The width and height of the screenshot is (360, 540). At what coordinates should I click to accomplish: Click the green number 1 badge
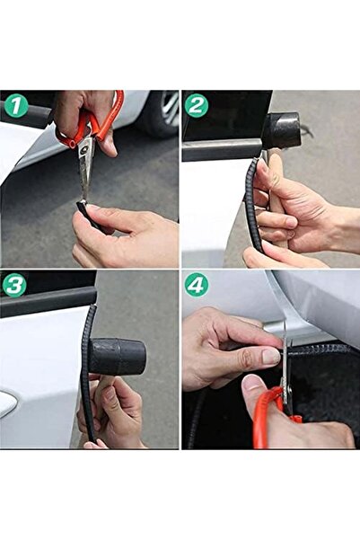tap(16, 106)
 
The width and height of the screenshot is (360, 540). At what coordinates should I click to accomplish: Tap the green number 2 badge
tap(198, 106)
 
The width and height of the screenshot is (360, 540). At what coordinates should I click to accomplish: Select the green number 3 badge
tap(14, 287)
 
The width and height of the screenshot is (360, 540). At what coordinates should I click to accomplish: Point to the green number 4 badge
tap(198, 286)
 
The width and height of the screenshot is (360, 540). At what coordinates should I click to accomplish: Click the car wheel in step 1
tap(162, 113)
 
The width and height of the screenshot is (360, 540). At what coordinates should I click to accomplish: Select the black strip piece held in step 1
tap(84, 210)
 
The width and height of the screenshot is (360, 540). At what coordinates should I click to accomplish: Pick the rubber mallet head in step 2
tap(281, 131)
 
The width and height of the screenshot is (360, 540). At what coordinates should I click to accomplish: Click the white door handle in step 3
tap(7, 403)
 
